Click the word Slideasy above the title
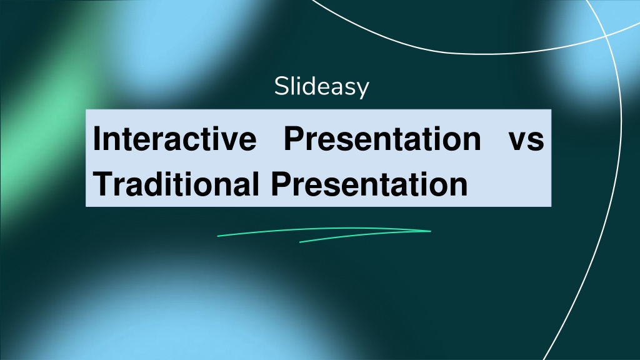click(x=321, y=86)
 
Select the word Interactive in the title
click(x=175, y=138)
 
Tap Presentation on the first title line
click(x=382, y=138)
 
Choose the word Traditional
click(x=176, y=184)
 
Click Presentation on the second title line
click(x=369, y=184)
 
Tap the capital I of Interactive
click(x=97, y=138)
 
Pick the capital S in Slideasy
click(x=282, y=86)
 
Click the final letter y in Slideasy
click(x=362, y=90)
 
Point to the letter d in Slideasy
click(x=309, y=86)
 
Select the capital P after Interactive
click(x=295, y=138)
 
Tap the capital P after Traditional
click(x=282, y=184)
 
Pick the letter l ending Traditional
click(x=255, y=183)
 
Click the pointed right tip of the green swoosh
click(x=431, y=231)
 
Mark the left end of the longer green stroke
click(x=218, y=236)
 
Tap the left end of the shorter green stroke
click(x=300, y=242)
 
